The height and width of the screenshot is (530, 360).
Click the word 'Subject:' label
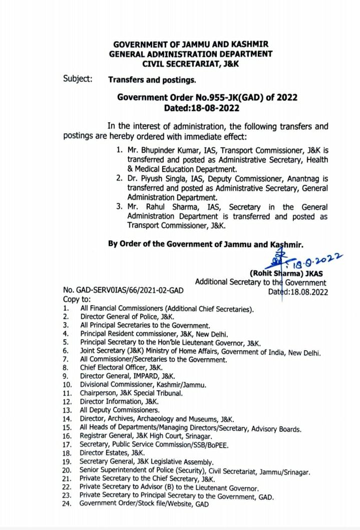point(78,79)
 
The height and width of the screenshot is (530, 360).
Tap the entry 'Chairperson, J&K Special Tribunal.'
point(131,393)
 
